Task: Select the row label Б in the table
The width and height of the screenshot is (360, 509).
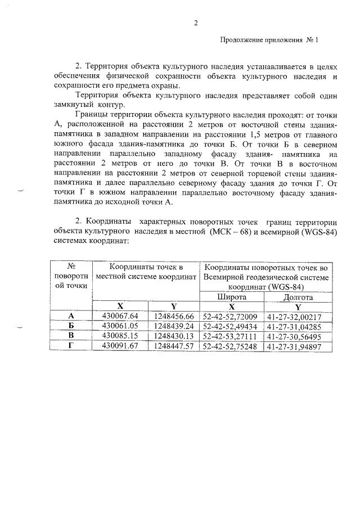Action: (x=71, y=326)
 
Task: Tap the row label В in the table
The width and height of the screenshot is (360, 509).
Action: (x=71, y=336)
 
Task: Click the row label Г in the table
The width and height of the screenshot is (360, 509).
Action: (x=71, y=345)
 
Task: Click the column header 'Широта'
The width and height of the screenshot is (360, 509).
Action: (x=231, y=297)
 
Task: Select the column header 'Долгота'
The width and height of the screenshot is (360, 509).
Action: (x=298, y=297)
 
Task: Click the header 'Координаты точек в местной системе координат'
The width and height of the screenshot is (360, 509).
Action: (x=146, y=272)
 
